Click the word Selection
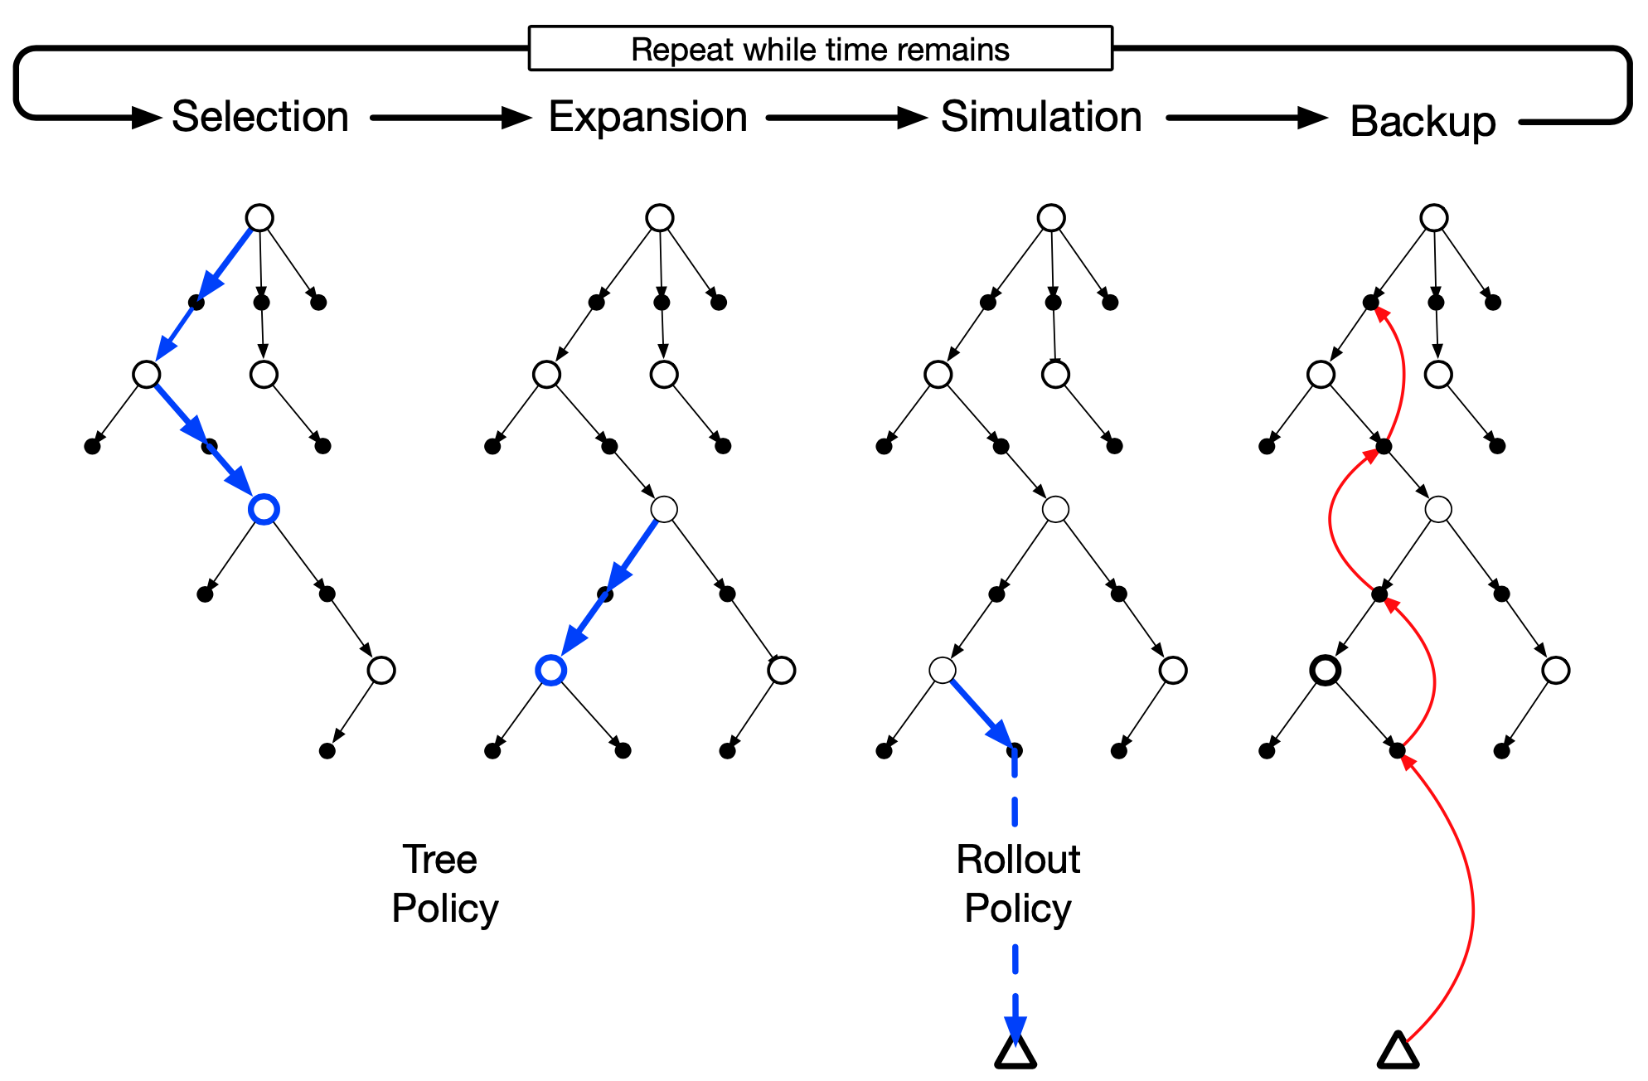pyautogui.click(x=259, y=117)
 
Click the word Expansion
pyautogui.click(x=647, y=117)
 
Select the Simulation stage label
pyautogui.click(x=1041, y=117)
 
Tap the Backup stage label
pyautogui.click(x=1423, y=122)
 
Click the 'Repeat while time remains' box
pyautogui.click(x=820, y=49)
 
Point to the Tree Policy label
pyautogui.click(x=444, y=884)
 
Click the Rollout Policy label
pyautogui.click(x=1018, y=884)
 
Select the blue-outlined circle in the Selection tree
pyautogui.click(x=264, y=509)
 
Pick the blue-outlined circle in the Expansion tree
pyautogui.click(x=551, y=670)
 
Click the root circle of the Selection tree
pyautogui.click(x=259, y=218)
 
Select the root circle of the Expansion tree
pyautogui.click(x=659, y=218)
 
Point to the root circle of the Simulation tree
pyautogui.click(x=1050, y=218)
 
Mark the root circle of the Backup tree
pyautogui.click(x=1433, y=218)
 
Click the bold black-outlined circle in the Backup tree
pyautogui.click(x=1325, y=670)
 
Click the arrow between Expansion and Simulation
pyautogui.click(x=845, y=118)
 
